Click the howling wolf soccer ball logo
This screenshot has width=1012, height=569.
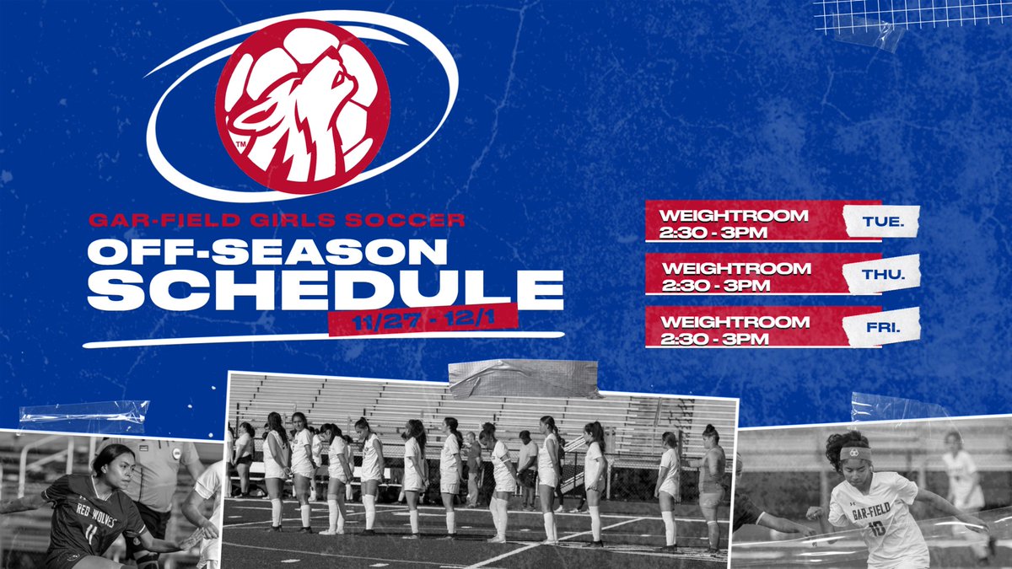[302, 108]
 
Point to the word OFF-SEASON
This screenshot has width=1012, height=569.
[267, 252]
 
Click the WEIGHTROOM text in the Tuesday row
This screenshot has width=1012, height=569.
[734, 216]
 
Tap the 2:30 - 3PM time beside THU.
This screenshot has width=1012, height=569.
[716, 285]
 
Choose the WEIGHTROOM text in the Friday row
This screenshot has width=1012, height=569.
[735, 321]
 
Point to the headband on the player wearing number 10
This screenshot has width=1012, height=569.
[854, 453]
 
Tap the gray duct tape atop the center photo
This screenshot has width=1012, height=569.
[523, 378]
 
